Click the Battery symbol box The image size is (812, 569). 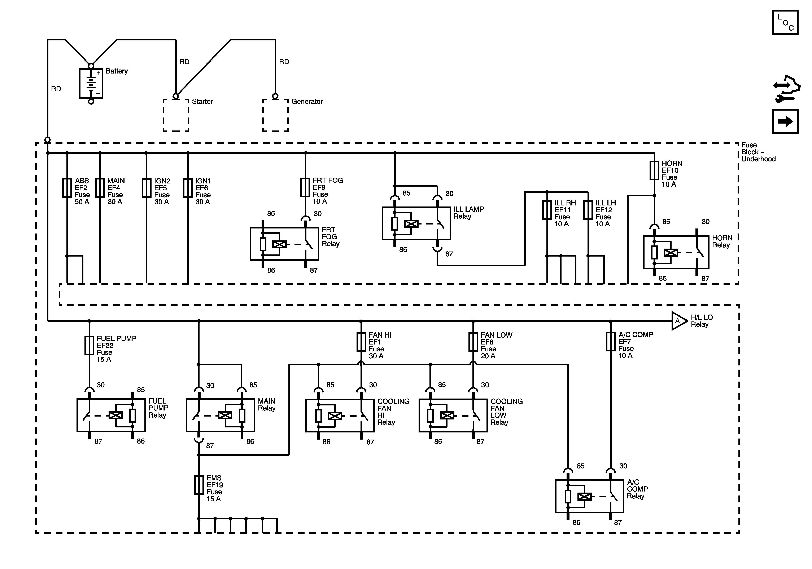[x=91, y=83]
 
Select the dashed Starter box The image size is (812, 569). [x=176, y=115]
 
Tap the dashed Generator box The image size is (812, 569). [x=275, y=115]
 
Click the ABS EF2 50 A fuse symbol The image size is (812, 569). [x=67, y=188]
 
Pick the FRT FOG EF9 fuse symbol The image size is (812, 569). [x=305, y=187]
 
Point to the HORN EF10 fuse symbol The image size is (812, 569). [x=654, y=170]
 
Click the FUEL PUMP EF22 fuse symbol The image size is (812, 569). [x=89, y=345]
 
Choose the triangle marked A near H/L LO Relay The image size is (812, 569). [x=678, y=321]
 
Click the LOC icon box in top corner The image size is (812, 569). [x=785, y=23]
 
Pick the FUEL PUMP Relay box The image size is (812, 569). [x=111, y=415]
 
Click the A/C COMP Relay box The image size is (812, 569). [x=589, y=496]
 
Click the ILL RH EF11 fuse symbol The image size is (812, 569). [x=547, y=210]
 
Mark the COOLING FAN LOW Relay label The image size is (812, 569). [x=506, y=412]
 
